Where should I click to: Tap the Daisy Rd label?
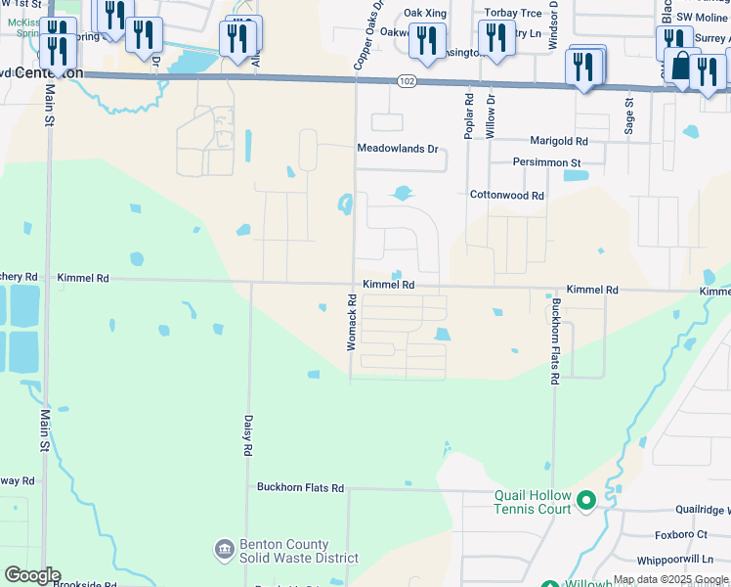pyautogui.click(x=244, y=435)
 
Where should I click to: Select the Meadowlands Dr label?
pyautogui.click(x=397, y=149)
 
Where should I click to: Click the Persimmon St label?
pyautogui.click(x=547, y=162)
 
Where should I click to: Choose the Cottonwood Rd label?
pyautogui.click(x=506, y=196)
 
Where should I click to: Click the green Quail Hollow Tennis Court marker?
pyautogui.click(x=586, y=501)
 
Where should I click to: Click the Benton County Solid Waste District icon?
pyautogui.click(x=224, y=547)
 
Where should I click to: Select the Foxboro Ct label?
pyautogui.click(x=681, y=535)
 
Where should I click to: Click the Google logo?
pyautogui.click(x=32, y=575)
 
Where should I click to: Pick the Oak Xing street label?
pyautogui.click(x=425, y=13)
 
